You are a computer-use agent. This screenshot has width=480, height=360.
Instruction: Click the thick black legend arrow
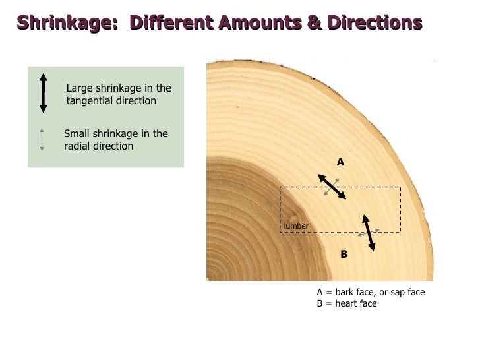click(44, 93)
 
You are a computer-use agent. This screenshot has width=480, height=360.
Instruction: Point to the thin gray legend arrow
click(42, 138)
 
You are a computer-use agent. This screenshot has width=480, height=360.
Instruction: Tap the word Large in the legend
click(80, 88)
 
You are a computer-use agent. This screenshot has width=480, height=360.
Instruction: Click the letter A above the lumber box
click(341, 162)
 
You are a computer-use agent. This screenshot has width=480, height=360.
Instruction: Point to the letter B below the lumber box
click(344, 253)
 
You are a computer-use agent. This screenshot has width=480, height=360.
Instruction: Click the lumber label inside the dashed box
click(296, 227)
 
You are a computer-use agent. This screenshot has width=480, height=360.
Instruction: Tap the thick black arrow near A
click(332, 187)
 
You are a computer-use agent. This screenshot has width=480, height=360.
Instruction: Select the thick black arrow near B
click(369, 232)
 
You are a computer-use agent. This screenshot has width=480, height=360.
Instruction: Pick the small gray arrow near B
click(368, 232)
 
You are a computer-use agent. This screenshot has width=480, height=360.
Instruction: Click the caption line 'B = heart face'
click(347, 303)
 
